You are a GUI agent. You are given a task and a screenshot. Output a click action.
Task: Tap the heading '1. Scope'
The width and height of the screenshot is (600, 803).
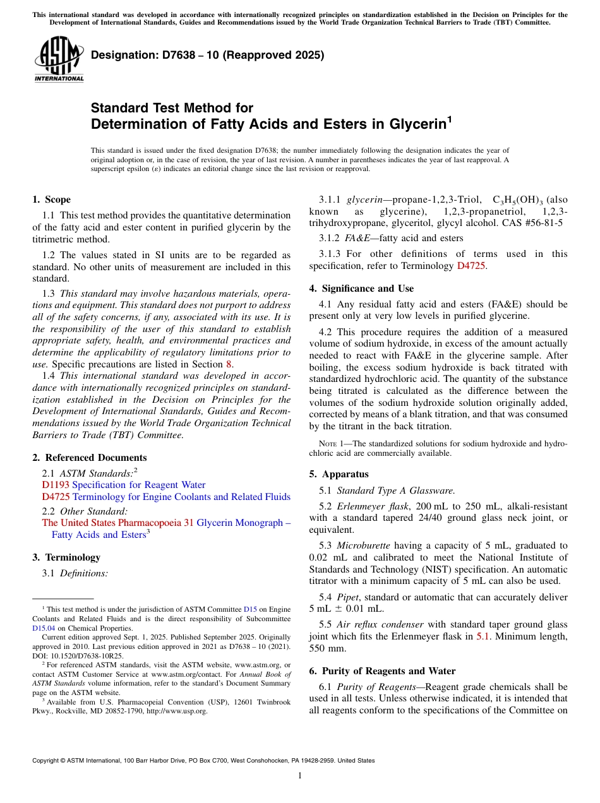pyautogui.click(x=51, y=199)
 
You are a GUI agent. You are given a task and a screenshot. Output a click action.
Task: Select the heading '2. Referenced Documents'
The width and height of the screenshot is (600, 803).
pyautogui.click(x=89, y=458)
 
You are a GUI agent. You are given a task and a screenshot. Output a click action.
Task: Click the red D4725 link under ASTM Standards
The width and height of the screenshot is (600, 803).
pyautogui.click(x=56, y=497)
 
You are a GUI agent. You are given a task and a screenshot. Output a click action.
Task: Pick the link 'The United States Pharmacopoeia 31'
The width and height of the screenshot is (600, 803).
pyautogui.click(x=117, y=523)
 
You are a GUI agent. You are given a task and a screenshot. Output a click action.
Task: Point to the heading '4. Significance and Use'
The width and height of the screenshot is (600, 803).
pyautogui.click(x=361, y=288)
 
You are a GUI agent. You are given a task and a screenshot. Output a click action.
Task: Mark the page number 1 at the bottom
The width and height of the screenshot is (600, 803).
pyautogui.click(x=300, y=776)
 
